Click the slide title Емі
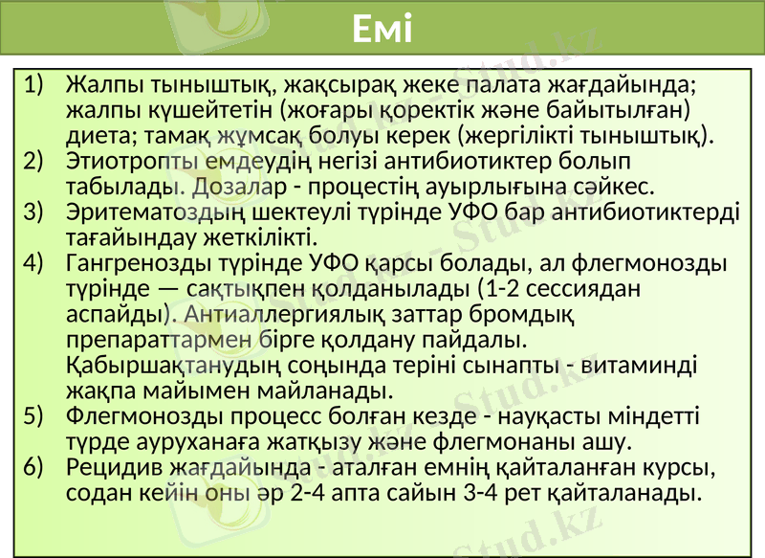coord(382,31)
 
